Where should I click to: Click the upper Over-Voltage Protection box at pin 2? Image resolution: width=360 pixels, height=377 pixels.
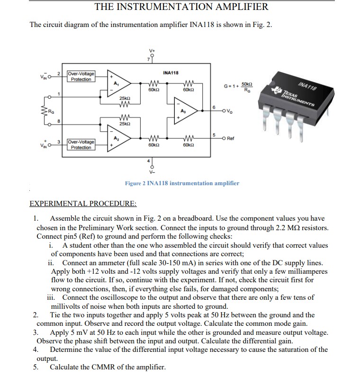(x=81, y=76)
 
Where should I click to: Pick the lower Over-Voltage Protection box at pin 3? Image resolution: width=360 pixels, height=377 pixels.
(x=81, y=144)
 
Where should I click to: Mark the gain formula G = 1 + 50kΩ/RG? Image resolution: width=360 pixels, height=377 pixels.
(x=238, y=88)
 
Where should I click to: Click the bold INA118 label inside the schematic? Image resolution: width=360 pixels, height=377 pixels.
(x=170, y=72)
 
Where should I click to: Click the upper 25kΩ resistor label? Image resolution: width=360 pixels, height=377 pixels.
(x=125, y=98)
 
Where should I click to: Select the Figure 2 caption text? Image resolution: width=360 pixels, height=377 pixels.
(x=182, y=183)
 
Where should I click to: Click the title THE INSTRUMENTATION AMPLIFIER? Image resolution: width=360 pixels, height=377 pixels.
(x=181, y=7)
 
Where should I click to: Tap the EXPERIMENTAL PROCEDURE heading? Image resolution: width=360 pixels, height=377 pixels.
(x=83, y=204)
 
